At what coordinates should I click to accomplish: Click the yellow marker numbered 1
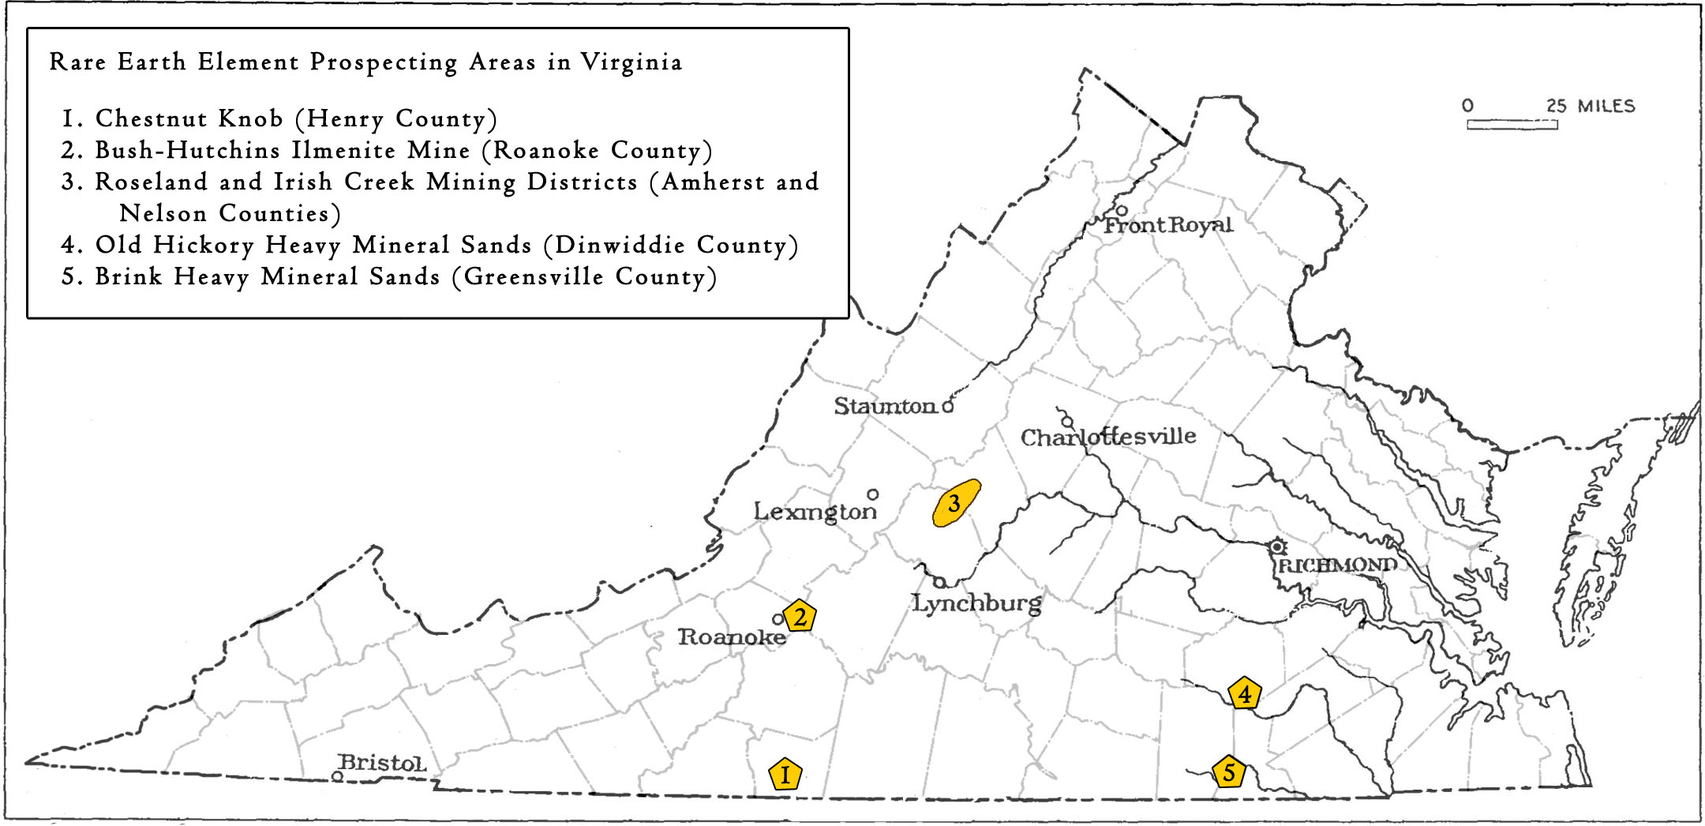tap(785, 775)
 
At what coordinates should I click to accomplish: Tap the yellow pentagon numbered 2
tap(800, 616)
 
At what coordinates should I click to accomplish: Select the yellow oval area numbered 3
tap(955, 503)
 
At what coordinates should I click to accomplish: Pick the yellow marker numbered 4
tap(1244, 694)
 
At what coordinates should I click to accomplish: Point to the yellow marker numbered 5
tap(1228, 772)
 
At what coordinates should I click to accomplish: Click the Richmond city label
tap(1337, 565)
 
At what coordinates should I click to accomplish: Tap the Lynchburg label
tap(976, 603)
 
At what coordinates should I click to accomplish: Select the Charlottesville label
tap(1108, 437)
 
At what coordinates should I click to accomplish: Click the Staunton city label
tap(885, 406)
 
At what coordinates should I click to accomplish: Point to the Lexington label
tap(815, 512)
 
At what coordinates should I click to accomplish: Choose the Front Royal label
tap(1167, 225)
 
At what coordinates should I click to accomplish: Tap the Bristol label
tap(382, 763)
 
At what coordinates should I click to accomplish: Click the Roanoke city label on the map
tap(732, 637)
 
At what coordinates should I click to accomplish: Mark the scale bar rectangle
tap(1512, 124)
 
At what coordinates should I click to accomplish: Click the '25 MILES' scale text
tap(1590, 106)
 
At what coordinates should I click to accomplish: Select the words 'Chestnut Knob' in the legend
tap(189, 118)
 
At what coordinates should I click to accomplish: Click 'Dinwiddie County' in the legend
tap(670, 245)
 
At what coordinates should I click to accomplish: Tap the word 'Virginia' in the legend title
tap(631, 62)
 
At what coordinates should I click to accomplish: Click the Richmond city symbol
tap(1276, 546)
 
